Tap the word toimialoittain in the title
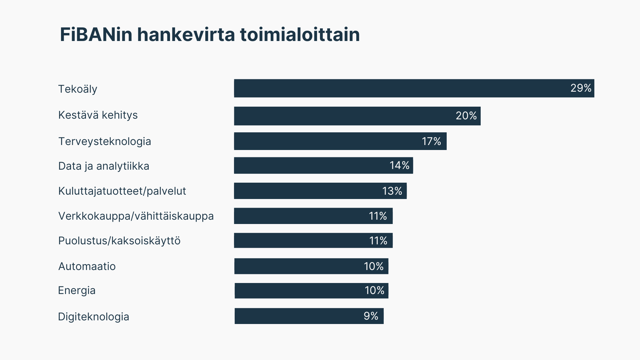(300, 35)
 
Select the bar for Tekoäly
(400, 88)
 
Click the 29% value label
(581, 88)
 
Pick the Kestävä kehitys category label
(98, 115)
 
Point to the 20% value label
(466, 116)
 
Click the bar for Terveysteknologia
(327, 141)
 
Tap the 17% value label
(431, 141)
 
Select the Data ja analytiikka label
(104, 166)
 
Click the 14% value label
(399, 165)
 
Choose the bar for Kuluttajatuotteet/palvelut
(307, 191)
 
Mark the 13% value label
(392, 191)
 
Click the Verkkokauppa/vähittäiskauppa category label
(136, 216)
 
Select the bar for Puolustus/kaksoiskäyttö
(300, 241)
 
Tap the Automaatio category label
(87, 266)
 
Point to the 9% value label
(371, 316)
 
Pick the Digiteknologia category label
(94, 317)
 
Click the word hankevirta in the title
(186, 35)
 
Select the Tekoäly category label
(78, 89)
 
